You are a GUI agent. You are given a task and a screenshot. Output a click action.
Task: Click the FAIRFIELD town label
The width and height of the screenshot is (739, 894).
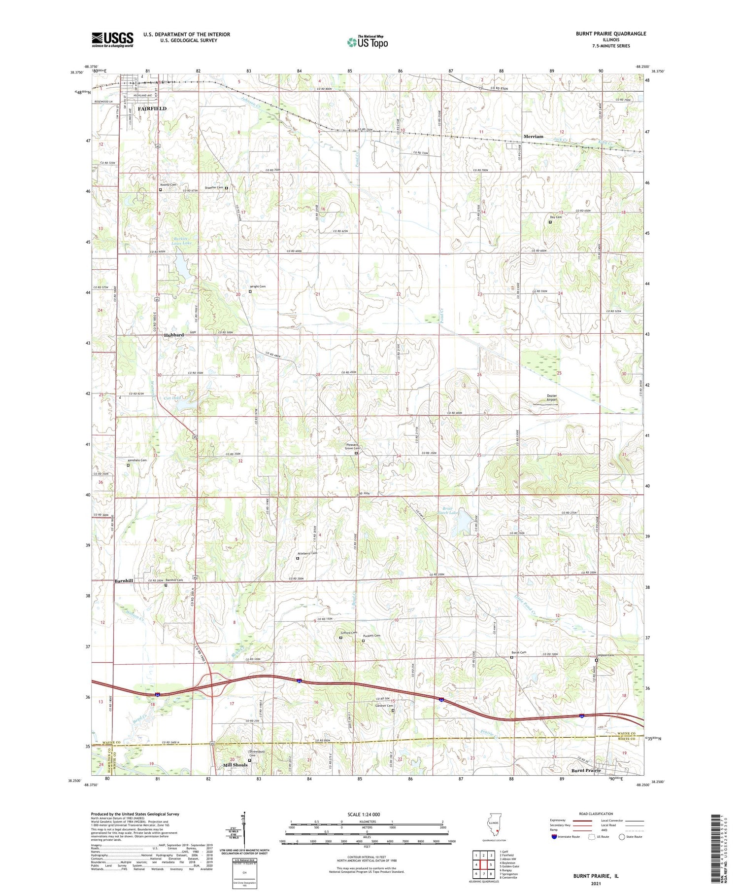[x=152, y=108]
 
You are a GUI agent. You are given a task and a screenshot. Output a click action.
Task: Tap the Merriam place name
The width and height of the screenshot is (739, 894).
[x=533, y=137]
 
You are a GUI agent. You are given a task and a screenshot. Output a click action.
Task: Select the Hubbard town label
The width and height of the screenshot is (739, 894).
[x=174, y=335]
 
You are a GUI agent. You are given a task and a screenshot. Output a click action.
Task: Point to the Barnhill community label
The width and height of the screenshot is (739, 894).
[x=124, y=581]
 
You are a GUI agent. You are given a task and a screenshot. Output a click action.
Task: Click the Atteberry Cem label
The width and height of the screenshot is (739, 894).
[x=307, y=553]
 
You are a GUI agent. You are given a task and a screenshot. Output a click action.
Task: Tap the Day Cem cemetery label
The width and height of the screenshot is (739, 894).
[x=556, y=217]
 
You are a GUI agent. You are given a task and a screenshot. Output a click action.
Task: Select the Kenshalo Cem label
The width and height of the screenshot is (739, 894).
[x=137, y=460]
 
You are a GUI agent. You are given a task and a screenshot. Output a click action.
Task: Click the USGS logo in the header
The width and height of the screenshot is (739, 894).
[x=112, y=39]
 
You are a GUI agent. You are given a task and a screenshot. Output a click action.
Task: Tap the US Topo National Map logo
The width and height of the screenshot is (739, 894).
[x=367, y=42]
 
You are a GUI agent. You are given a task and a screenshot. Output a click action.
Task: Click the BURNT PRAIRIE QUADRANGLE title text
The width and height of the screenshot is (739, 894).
[x=611, y=34]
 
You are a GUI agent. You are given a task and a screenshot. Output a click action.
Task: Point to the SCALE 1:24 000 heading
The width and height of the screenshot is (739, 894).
[x=364, y=814]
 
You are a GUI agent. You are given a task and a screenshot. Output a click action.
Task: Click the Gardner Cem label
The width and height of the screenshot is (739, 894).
[x=384, y=706]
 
